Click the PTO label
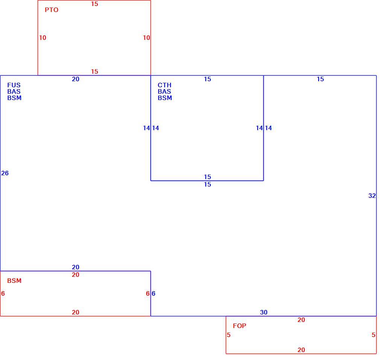tap(52, 10)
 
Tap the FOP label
tap(239, 326)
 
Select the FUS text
tap(14, 85)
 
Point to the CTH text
tap(164, 85)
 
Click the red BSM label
tap(14, 281)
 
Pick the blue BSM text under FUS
tap(14, 98)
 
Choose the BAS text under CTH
tap(164, 91)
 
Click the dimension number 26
tap(5, 173)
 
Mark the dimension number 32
tap(372, 196)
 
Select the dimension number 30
tap(264, 312)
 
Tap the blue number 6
tap(154, 294)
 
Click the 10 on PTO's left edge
tap(43, 38)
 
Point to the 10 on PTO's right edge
tap(146, 38)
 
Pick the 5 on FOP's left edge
tap(228, 335)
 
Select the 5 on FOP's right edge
tap(374, 335)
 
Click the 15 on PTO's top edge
tap(94, 4)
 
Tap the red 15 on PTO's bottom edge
tap(94, 71)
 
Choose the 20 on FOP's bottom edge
tap(301, 350)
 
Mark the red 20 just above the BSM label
tap(76, 275)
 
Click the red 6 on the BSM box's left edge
tap(3, 294)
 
